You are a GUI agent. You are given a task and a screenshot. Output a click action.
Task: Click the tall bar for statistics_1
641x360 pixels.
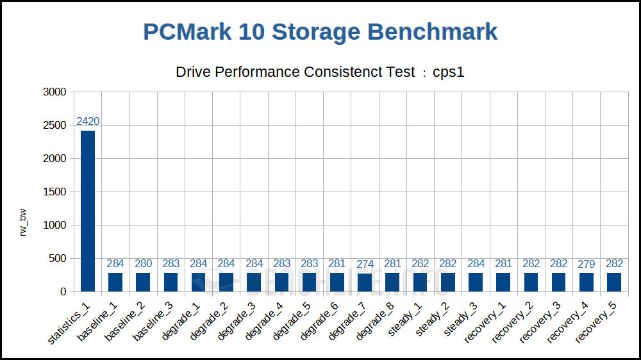(x=88, y=211)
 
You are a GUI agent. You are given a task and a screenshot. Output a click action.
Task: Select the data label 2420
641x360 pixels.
(x=88, y=122)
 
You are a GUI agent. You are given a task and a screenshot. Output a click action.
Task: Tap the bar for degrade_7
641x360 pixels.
(x=364, y=282)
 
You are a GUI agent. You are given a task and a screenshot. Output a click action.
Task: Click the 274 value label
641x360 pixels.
(x=364, y=264)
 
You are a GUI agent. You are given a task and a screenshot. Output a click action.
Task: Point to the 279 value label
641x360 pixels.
(x=586, y=264)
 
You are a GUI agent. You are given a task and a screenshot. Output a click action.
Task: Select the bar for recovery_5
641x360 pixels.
(x=613, y=282)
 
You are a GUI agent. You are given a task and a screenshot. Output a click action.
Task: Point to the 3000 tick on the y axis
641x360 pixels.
(x=54, y=92)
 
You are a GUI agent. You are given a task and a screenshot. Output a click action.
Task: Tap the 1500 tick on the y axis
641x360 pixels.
(x=54, y=192)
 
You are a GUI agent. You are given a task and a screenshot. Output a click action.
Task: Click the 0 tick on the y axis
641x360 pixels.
(x=63, y=292)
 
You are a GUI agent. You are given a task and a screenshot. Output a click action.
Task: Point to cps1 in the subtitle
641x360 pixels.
(x=449, y=72)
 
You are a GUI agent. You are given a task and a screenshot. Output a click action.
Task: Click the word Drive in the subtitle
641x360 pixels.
(x=193, y=72)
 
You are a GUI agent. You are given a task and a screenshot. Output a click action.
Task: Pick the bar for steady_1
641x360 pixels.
(x=420, y=282)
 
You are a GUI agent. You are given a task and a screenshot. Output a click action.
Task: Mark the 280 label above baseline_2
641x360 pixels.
(x=143, y=264)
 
